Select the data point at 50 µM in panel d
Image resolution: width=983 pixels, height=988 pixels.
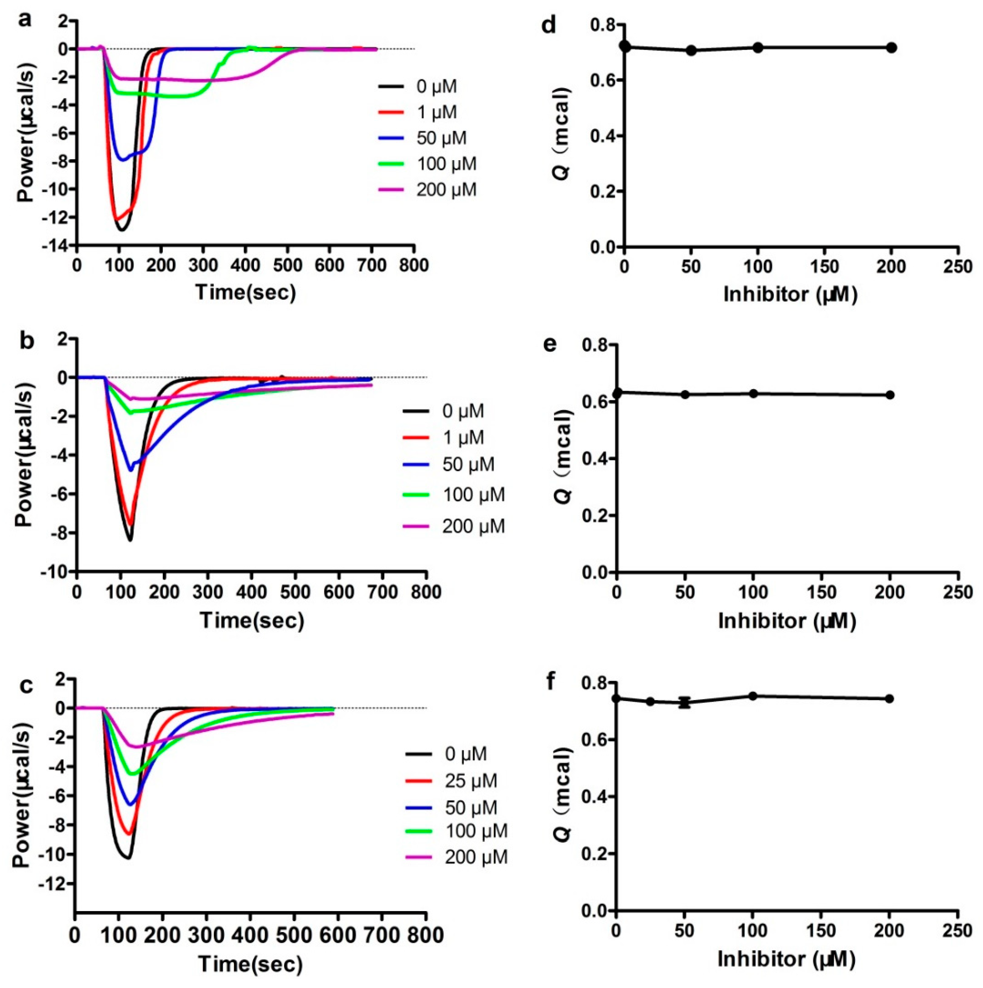click(x=691, y=50)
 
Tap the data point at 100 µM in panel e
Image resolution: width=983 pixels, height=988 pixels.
click(x=753, y=393)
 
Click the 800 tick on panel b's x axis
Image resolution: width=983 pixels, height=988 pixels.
click(x=426, y=592)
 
